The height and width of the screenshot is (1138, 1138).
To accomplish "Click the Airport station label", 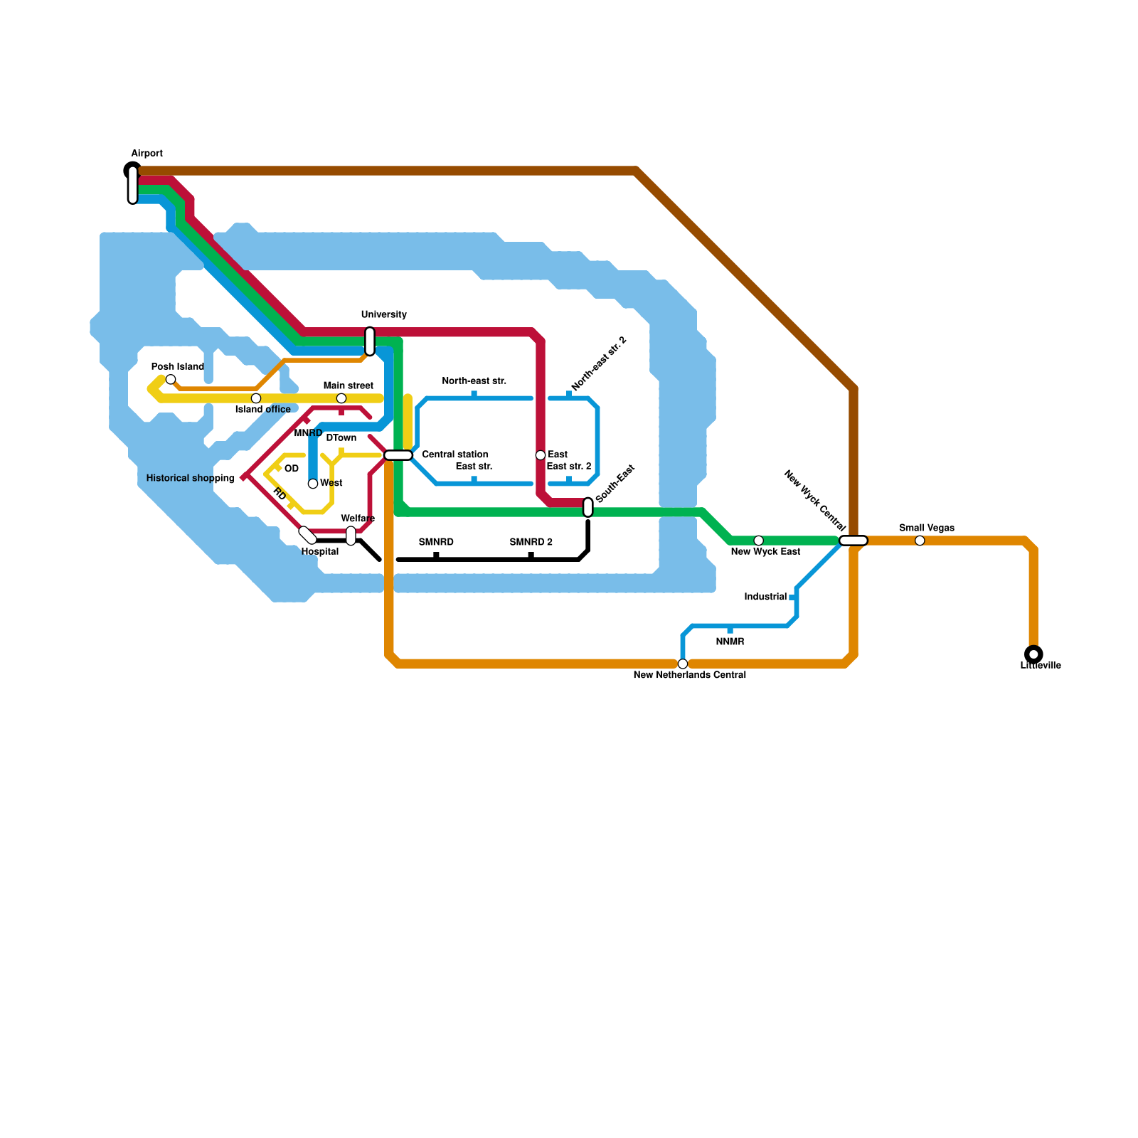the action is coord(147,154).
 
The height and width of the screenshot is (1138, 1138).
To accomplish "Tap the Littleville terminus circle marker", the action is coord(1033,654).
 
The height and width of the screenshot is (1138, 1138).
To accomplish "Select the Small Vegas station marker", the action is coord(920,541).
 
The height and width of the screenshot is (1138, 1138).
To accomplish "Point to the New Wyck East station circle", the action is coord(759,541).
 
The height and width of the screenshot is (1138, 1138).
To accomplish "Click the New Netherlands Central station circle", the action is coord(683,664).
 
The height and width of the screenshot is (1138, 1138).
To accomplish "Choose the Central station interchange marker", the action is coord(398,455).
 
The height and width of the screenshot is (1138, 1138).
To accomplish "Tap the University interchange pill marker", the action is coord(370,341).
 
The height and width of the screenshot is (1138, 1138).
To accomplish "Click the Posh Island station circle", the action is coord(171,380).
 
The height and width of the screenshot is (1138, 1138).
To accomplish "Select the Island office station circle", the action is coord(256,398).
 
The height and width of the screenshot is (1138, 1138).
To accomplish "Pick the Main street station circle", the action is coord(341,398).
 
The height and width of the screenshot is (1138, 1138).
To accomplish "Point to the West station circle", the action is coord(313,484).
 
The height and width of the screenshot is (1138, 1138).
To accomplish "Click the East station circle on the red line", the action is coord(541,455).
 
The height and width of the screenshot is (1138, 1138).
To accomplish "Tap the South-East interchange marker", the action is coord(588,507).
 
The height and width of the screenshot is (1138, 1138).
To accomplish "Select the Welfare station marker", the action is coord(351,536).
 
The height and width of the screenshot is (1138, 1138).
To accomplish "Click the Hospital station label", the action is coord(320,552).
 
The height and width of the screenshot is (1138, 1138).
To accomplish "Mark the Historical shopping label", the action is coord(190,479).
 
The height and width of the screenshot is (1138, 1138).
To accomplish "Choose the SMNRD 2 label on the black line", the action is coord(531,543).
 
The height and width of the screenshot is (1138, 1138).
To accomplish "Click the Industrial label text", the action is coord(765,597).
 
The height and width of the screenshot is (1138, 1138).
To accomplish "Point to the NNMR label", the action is coord(730,642).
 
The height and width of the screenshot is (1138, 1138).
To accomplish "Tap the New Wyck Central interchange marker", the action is coord(854,541).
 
